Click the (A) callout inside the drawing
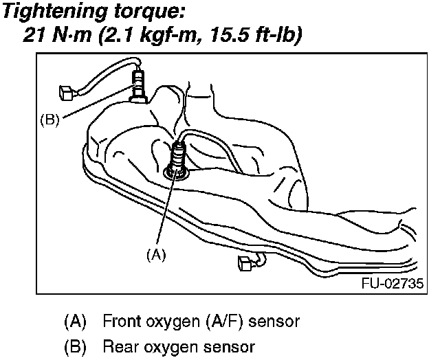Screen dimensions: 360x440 (157, 254)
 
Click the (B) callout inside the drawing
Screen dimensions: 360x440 (49, 118)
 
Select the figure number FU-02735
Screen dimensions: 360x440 (391, 283)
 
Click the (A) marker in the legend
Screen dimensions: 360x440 (74, 321)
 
